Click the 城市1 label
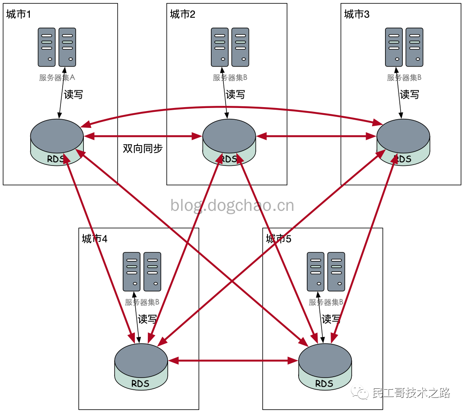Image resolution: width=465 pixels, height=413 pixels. [x=19, y=14]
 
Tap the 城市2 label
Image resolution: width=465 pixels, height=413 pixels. [x=182, y=14]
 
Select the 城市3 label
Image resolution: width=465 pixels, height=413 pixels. [x=357, y=14]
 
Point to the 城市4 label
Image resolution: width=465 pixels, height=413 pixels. [x=94, y=239]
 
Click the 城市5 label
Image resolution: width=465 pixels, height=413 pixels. [x=278, y=239]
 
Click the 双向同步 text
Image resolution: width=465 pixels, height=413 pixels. [x=143, y=149]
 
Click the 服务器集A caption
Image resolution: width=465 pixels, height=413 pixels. [x=57, y=78]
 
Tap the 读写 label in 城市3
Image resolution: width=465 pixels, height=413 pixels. [x=409, y=95]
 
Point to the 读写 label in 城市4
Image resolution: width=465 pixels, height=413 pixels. [x=147, y=319]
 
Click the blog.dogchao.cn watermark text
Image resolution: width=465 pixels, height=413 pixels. [x=232, y=205]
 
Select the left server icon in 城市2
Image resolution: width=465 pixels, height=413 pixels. [x=220, y=47]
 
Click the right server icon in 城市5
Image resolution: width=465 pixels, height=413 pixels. [x=336, y=272]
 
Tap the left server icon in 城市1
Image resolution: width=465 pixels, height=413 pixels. [x=47, y=47]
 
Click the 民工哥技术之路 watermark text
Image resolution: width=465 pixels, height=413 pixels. [x=411, y=393]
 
